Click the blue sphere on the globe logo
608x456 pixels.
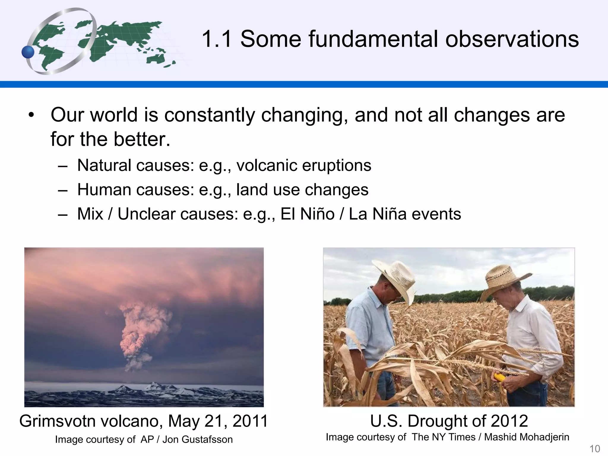coord(28,53)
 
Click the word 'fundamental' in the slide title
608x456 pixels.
coord(373,39)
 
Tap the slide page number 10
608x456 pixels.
coord(594,449)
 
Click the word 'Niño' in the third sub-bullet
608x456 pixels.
coord(317,214)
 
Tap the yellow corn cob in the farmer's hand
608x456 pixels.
coord(499,378)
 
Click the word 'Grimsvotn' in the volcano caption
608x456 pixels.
coord(58,421)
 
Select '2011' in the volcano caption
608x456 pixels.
coord(250,421)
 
